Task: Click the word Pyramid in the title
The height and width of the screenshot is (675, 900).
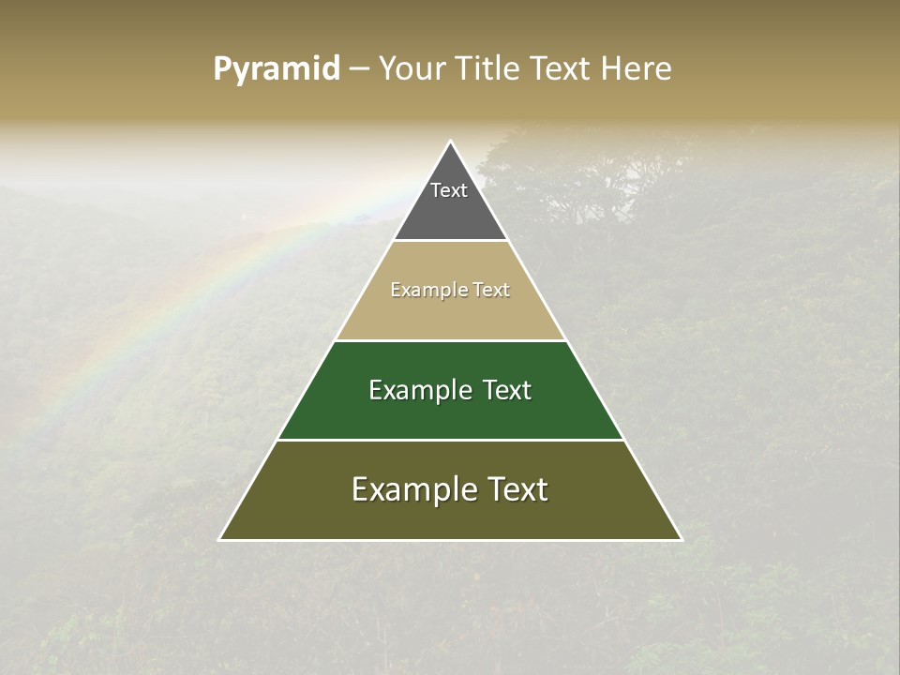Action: coord(277,69)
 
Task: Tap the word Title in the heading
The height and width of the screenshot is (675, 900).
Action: coord(491,69)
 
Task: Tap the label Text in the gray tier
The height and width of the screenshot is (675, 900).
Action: coord(449,190)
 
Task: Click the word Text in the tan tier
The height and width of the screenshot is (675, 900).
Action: coord(492,291)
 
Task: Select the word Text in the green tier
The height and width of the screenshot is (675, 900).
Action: coord(508,390)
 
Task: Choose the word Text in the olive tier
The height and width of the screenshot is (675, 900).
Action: coord(518,489)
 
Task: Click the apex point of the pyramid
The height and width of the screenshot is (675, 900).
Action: coord(451,142)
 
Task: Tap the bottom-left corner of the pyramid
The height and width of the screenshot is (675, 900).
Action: coord(220,539)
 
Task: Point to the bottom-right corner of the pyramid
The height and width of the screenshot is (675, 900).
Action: coord(681,539)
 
